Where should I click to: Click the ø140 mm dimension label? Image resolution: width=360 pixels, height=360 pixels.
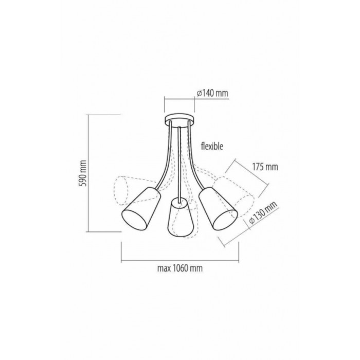pos(212,93)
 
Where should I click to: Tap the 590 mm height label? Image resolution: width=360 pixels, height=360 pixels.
pos(83,173)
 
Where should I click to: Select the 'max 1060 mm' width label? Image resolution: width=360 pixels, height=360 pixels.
pos(180,268)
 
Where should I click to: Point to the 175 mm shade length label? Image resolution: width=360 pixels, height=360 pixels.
pos(265,167)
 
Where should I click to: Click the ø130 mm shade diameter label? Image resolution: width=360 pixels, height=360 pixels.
pos(263,213)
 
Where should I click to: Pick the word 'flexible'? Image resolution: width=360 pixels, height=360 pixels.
pos(212,146)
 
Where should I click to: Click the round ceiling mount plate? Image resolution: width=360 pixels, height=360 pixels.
pos(179,119)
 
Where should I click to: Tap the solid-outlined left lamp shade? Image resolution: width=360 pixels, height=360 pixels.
pos(141,209)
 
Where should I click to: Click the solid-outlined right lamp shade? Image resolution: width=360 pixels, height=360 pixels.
pos(217,208)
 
